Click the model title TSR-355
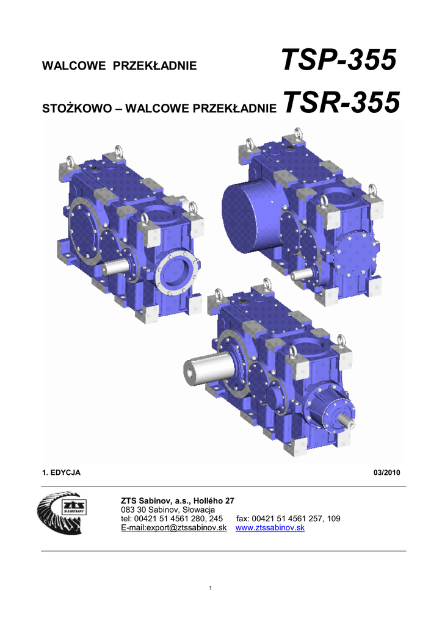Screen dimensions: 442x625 click(341, 102)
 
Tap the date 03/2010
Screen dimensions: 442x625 click(386, 473)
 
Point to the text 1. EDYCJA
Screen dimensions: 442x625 click(62, 473)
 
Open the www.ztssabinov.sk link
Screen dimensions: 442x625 click(270, 528)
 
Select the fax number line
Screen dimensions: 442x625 click(288, 519)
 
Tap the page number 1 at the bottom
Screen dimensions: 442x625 click(211, 588)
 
